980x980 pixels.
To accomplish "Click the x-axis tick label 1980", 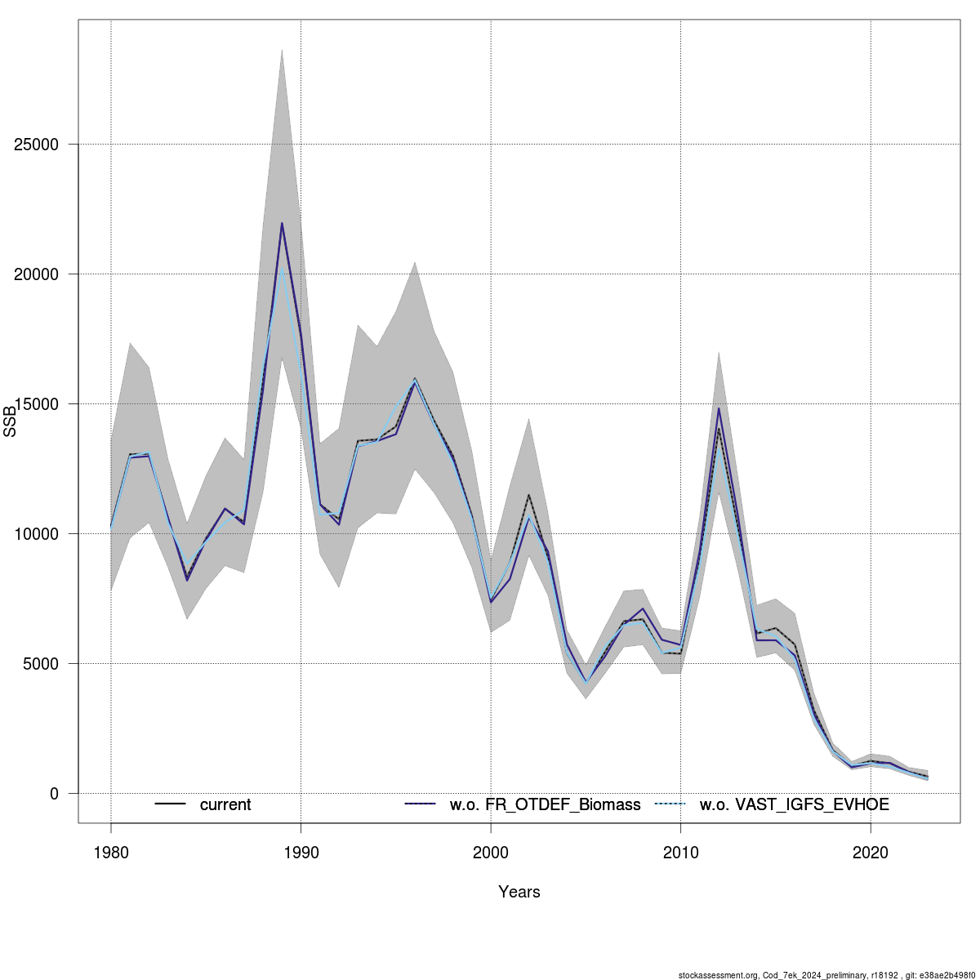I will [x=111, y=853].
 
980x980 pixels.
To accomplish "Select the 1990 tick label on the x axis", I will [x=301, y=853].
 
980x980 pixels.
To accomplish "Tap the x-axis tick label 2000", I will [x=491, y=853].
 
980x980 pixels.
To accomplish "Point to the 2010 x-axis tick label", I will [x=681, y=853].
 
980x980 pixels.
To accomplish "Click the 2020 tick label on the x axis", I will [x=871, y=853].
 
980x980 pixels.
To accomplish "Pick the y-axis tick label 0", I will [x=54, y=794].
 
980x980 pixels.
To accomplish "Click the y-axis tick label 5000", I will [x=37, y=664].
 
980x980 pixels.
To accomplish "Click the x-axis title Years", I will [x=519, y=892].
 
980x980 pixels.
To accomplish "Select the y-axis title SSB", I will [x=10, y=421].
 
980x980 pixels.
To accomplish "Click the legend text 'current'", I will [x=225, y=804].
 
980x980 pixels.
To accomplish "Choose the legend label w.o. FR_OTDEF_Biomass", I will [x=545, y=804].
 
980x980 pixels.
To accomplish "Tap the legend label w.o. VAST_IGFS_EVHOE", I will [x=794, y=804].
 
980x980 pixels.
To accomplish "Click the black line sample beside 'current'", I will [x=171, y=804].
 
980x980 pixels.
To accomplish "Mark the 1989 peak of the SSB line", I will [x=282, y=223].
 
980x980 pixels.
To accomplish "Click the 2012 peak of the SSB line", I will [x=719, y=408].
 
